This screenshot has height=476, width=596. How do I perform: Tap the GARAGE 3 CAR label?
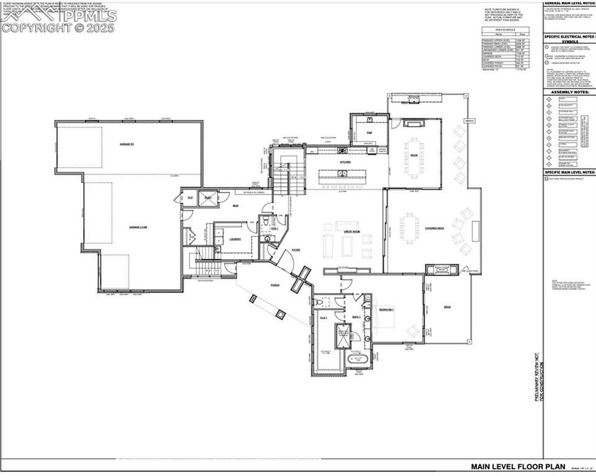point(138,227)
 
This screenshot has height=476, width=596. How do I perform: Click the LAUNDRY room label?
point(235,239)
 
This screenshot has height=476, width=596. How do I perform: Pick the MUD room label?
point(236,206)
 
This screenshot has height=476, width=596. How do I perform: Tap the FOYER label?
point(295,249)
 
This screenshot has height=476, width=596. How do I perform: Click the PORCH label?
point(275,285)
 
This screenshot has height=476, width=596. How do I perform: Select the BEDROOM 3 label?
point(386,311)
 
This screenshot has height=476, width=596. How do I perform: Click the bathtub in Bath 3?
point(354,360)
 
